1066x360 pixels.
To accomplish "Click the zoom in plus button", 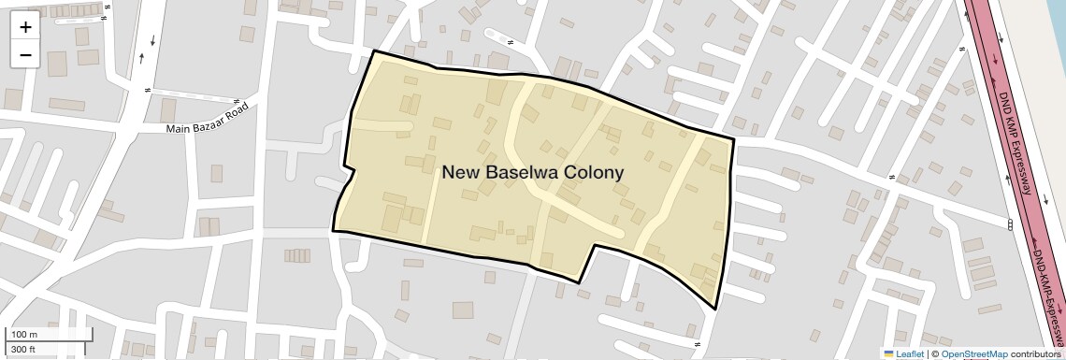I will coord(25,27).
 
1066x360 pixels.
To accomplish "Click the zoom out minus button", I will coord(25,55).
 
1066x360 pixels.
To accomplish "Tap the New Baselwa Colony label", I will coord(532,172).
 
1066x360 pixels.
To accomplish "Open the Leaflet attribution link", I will coord(910,353).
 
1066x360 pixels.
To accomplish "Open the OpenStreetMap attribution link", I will coord(973,353).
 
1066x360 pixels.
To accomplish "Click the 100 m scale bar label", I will coord(22,335).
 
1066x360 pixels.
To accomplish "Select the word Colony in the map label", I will coord(591,172).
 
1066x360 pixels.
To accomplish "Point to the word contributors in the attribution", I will coord(1035,353).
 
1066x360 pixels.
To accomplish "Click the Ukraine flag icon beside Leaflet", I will coord(888,353).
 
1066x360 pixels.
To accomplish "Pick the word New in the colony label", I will coord(458,172).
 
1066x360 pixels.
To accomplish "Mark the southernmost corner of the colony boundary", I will coord(715,308).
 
